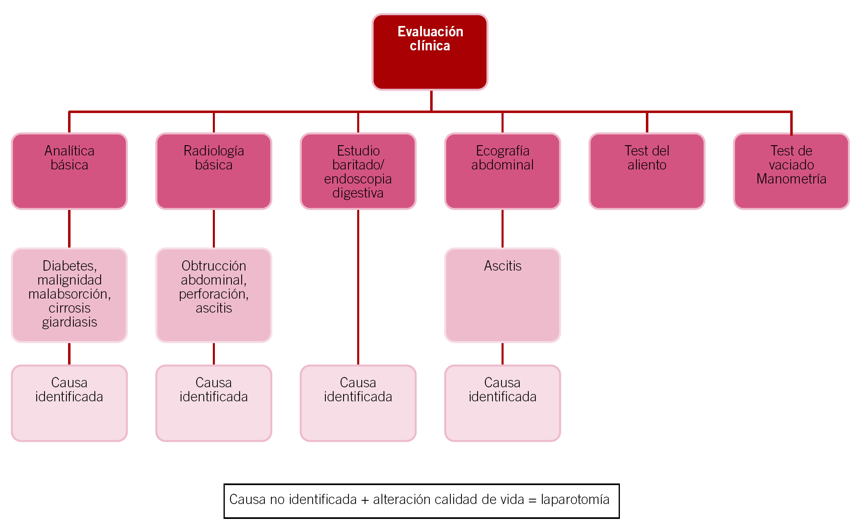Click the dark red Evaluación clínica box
click(x=430, y=52)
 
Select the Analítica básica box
click(x=69, y=171)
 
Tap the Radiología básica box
click(x=214, y=171)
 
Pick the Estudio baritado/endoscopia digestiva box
click(x=358, y=171)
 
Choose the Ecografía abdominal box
click(x=502, y=171)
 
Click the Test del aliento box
click(x=647, y=171)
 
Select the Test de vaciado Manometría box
click(x=791, y=171)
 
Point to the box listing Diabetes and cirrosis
click(x=69, y=295)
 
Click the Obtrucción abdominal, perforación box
click(x=214, y=295)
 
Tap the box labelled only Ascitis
click(x=502, y=295)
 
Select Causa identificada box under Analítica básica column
click(x=69, y=403)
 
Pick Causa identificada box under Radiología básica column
click(x=214, y=403)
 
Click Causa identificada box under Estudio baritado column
click(x=358, y=403)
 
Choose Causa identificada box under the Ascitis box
click(x=502, y=403)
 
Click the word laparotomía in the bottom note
click(x=575, y=500)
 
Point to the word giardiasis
click(x=69, y=322)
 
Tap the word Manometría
click(x=791, y=179)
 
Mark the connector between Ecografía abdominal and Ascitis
click(x=502, y=229)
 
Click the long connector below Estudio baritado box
click(x=358, y=287)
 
